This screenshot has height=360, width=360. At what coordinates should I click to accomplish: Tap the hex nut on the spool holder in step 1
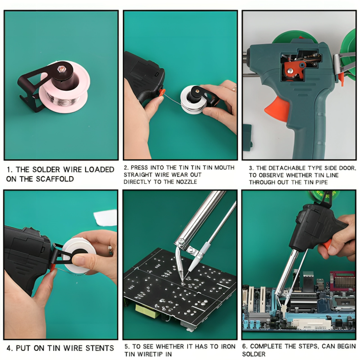coord(61,68)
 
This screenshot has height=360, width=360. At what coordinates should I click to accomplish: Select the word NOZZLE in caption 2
coord(186,182)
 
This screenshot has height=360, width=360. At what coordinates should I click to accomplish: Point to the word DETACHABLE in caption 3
coord(287,168)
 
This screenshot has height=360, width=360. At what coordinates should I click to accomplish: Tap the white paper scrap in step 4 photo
coord(106,217)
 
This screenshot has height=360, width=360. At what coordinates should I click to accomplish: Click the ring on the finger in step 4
coord(111,250)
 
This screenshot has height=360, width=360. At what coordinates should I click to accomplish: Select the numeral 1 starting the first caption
coord(9,169)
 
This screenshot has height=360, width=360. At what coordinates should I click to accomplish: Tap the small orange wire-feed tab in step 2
coord(162,93)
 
